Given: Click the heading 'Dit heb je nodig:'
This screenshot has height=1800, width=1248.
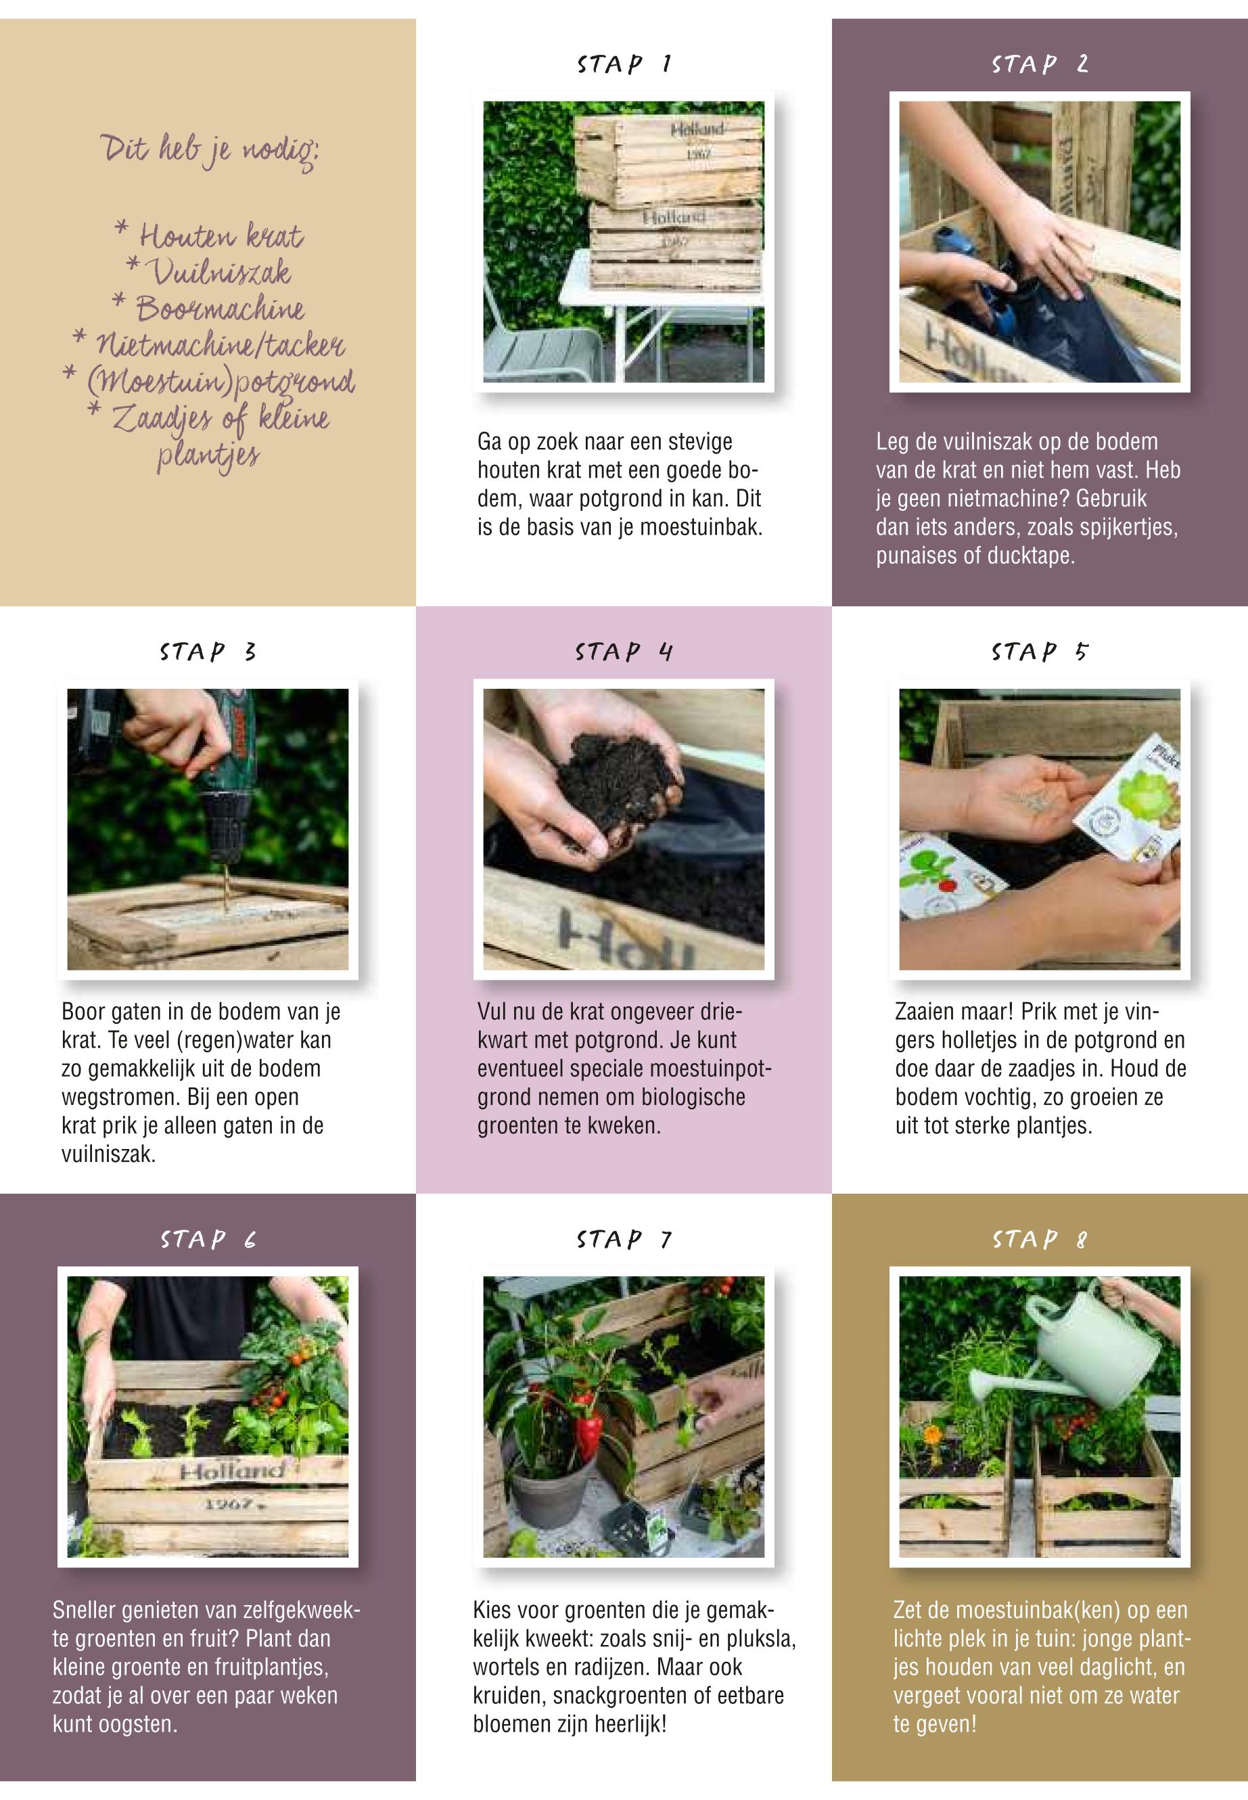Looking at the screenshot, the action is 210,151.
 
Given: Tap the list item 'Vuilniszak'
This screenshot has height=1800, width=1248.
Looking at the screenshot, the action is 209,271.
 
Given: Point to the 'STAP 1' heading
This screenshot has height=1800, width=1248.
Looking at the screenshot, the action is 624,64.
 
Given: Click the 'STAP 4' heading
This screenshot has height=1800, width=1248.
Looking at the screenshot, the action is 624,652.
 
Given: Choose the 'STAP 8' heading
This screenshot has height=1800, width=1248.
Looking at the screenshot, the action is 1039,1239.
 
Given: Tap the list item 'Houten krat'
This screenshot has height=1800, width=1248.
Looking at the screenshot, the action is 209,235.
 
